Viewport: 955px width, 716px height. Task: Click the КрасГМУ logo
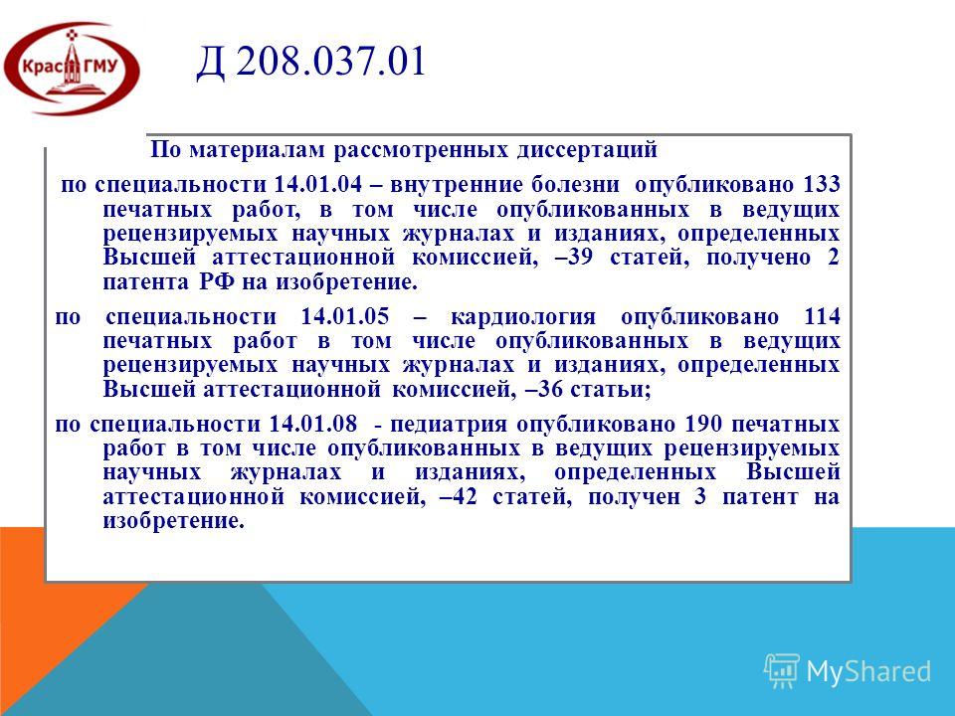[x=72, y=69]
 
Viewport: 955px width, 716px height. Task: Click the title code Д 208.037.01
[x=310, y=62]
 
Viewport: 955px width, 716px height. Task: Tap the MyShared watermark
[x=848, y=671]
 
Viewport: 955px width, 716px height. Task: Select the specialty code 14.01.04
[x=318, y=185]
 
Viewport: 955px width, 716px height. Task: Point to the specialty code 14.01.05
[x=345, y=316]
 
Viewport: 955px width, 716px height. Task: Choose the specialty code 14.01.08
[x=313, y=424]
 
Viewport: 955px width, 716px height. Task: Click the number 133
[x=822, y=185]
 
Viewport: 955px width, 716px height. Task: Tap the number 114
[x=823, y=316]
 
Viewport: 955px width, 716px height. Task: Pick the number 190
[x=703, y=424]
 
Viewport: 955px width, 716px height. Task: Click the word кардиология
[x=523, y=317]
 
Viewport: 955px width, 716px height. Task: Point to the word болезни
[x=575, y=185]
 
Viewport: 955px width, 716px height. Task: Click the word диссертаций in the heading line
[x=587, y=150]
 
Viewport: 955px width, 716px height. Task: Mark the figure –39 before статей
[x=574, y=258]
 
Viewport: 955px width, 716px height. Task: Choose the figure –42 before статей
[x=458, y=497]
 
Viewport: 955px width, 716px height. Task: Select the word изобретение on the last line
[x=173, y=521]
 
